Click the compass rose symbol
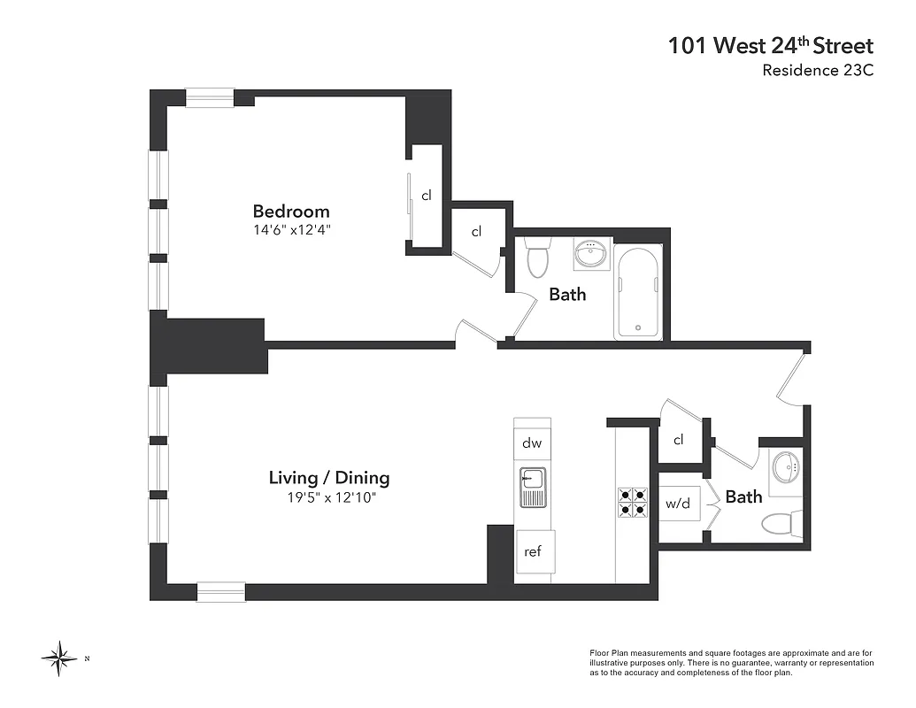point(60,658)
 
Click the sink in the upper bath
point(591,256)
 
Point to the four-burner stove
point(633,502)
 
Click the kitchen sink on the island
point(533,488)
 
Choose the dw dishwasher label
point(532,443)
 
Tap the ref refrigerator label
point(533,551)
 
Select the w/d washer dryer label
point(678,504)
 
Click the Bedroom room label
point(291,212)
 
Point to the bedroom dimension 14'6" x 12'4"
point(291,230)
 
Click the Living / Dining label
point(329,478)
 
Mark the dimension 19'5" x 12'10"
point(329,497)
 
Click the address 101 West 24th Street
point(771,46)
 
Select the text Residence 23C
point(818,71)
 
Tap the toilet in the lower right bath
point(781,523)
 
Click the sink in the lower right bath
point(785,466)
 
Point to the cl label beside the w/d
point(679,440)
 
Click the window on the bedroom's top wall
point(210,97)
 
